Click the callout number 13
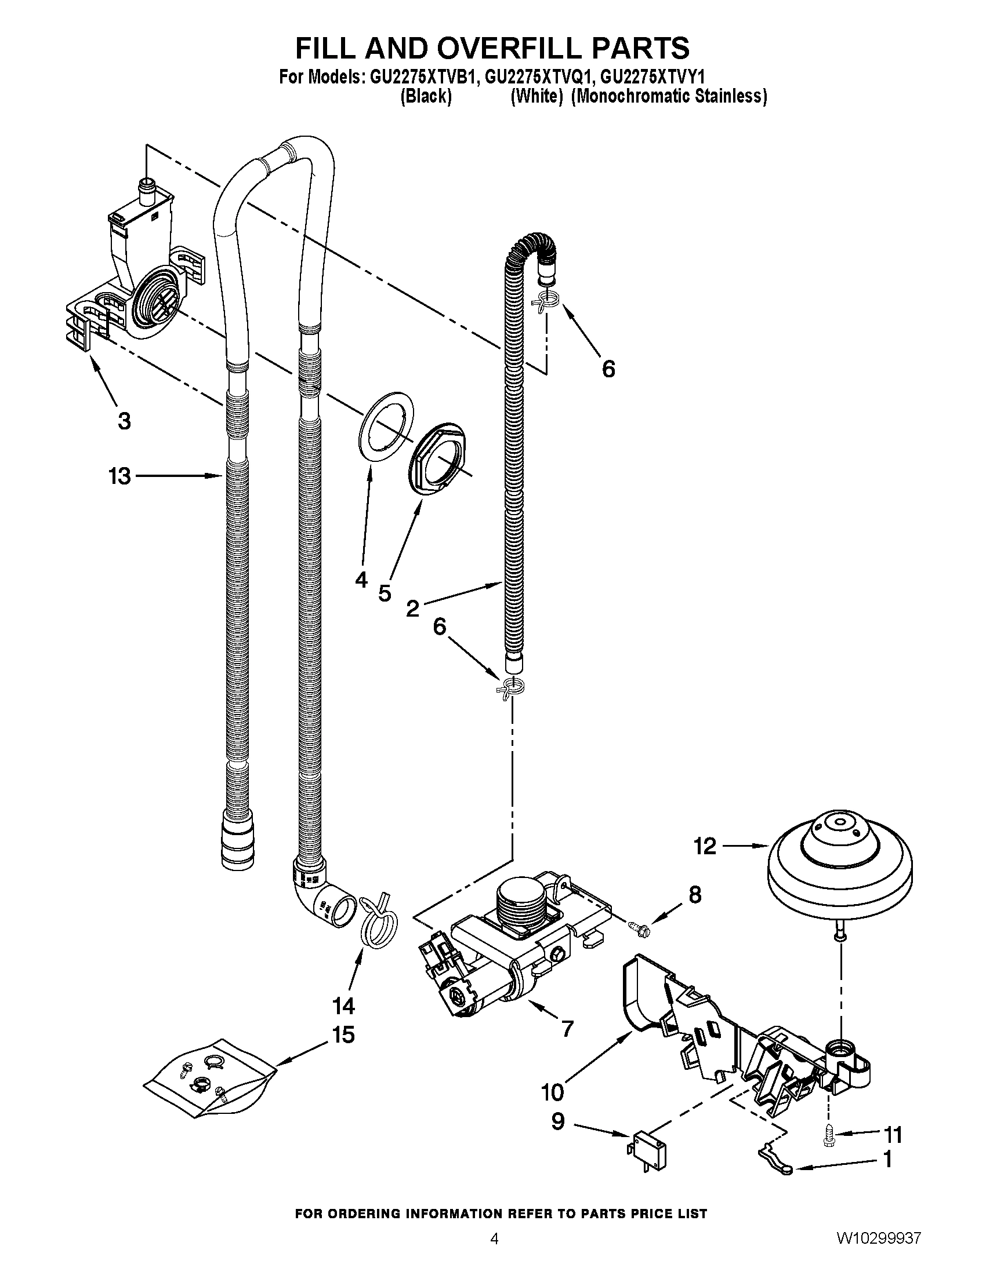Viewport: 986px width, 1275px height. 119,476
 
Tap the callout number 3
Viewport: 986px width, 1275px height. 124,421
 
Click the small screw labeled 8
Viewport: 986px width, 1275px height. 638,927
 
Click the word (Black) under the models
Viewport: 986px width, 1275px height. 426,96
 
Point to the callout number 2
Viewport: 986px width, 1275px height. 412,609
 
